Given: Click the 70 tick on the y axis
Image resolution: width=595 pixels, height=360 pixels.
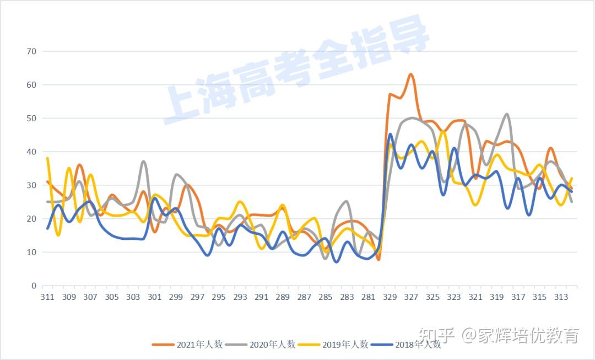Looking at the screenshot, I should coord(31,51).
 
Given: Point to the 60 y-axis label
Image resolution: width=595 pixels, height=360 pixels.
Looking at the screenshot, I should coord(31,85).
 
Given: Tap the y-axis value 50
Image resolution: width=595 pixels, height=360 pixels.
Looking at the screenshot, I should coord(31,119).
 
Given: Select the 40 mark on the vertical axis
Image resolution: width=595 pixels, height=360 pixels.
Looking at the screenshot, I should coord(31,152).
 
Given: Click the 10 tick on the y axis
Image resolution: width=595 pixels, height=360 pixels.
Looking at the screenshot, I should coord(31,252).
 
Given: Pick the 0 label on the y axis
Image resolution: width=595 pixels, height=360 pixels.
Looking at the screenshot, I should coord(34,286).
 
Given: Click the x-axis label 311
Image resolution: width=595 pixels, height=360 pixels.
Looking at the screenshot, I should coord(48,297).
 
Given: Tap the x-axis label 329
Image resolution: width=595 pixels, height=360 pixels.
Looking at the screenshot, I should coord(390,297).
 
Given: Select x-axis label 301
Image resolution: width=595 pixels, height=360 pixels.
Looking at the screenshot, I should coord(155,297).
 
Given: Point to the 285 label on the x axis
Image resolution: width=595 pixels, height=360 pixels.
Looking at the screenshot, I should coord(326,297).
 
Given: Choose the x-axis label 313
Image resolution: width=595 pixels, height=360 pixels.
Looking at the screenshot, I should coord(561,297).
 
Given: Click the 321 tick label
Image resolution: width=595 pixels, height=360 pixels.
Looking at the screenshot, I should coord(475,297).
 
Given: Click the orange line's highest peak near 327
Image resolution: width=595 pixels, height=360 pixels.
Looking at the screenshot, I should coord(410,74).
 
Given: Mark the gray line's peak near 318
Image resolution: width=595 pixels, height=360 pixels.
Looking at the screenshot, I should coord(507,114).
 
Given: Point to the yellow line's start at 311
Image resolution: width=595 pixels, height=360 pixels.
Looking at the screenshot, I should coord(48,158).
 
